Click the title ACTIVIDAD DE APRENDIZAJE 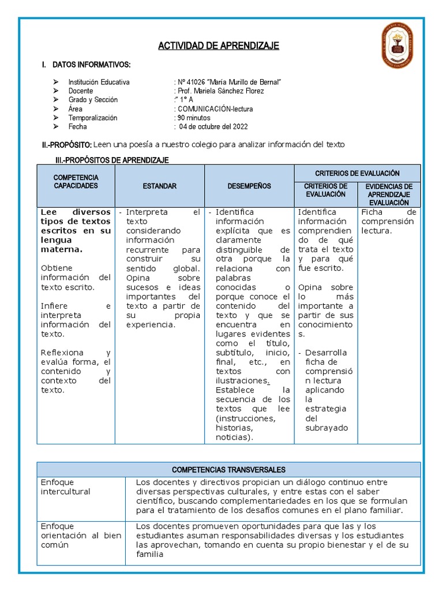219,46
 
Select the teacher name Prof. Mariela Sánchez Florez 220,91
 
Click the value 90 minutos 194,118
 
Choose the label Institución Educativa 99,82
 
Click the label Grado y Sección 92,100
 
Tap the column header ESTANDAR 160,186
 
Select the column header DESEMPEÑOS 249,186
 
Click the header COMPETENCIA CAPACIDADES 76,182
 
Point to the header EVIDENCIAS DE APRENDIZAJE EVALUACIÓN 389,194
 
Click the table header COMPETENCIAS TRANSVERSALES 228,470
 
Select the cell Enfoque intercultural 65,487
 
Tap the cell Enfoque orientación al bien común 81,535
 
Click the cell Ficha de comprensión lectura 388,222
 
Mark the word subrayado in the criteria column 326,428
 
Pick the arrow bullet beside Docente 55,91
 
